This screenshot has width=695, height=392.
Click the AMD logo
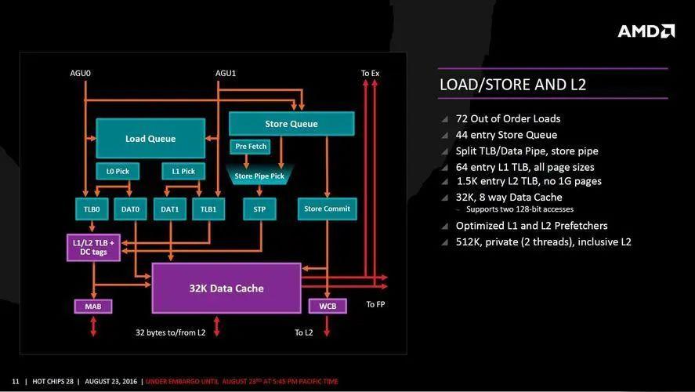(646, 31)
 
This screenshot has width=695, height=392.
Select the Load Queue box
(150, 139)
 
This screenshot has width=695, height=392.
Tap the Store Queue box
(291, 124)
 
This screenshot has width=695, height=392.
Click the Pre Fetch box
(249, 147)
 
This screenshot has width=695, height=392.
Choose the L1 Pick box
(183, 171)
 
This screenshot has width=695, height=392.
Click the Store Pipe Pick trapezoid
(259, 176)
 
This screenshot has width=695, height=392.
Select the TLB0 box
(92, 209)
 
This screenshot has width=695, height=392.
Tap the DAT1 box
(170, 209)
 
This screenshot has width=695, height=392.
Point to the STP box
(259, 209)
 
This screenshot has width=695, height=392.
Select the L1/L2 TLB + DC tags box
(93, 248)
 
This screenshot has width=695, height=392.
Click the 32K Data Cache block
(226, 288)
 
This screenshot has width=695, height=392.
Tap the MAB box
(93, 306)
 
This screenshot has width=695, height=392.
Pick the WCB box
(328, 306)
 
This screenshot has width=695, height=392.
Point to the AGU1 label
(226, 74)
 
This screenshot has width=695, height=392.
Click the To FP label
(375, 304)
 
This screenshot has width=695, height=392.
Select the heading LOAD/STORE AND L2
(512, 85)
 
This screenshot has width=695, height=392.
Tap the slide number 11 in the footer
(15, 381)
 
